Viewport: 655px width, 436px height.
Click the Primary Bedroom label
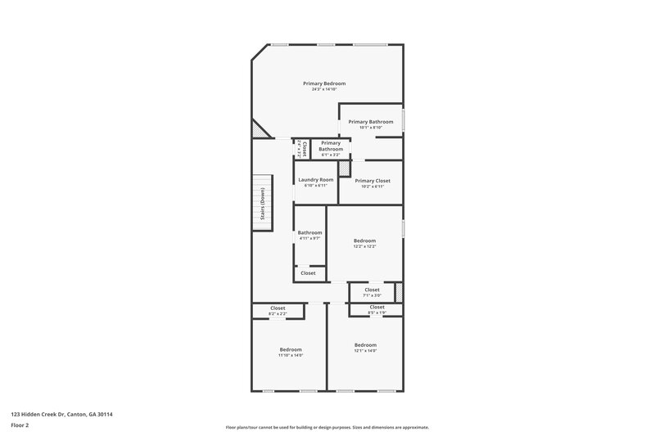[324, 83]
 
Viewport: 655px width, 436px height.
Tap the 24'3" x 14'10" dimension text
[324, 90]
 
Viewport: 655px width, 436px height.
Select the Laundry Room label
[315, 180]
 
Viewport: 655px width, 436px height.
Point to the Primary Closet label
[372, 181]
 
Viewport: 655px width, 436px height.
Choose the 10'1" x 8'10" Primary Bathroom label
[371, 122]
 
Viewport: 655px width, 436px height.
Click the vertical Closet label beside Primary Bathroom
[303, 149]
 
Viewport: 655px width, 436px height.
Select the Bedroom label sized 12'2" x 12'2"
[364, 240]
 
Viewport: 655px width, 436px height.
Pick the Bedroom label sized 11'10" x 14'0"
[290, 349]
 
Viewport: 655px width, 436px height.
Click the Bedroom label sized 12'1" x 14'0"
[365, 345]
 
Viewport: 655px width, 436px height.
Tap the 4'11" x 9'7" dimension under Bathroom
[309, 239]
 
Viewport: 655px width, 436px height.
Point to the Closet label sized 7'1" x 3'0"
[372, 290]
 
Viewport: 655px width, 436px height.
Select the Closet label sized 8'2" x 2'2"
[278, 308]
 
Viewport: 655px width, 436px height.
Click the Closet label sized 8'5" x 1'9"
[377, 307]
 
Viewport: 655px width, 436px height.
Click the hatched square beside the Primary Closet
[345, 169]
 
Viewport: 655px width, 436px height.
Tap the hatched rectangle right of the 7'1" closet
[399, 292]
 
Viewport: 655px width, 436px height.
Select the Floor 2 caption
[20, 425]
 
